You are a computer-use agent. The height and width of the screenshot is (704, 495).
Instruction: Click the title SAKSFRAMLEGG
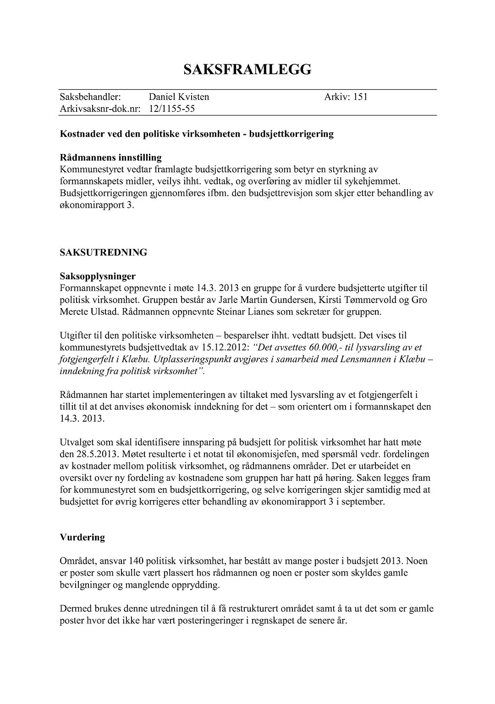coord(247,69)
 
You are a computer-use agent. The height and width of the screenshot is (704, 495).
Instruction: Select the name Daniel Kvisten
coord(179,97)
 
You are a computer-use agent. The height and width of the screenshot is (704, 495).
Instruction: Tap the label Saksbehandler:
coord(90,97)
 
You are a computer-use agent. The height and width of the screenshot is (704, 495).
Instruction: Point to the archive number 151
coord(360,97)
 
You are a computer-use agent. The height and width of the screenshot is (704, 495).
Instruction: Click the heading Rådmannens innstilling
coord(110,158)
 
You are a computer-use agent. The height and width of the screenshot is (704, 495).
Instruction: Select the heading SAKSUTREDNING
coord(103,253)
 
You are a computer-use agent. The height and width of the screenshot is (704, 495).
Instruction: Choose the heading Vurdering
coord(82,537)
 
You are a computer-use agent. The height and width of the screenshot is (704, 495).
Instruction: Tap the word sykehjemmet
coord(374,181)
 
